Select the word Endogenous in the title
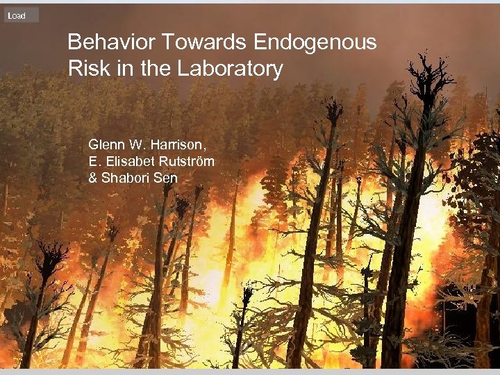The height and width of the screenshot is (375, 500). click(315, 43)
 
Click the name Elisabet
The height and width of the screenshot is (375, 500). click(128, 161)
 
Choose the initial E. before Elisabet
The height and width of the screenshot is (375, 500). click(94, 161)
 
